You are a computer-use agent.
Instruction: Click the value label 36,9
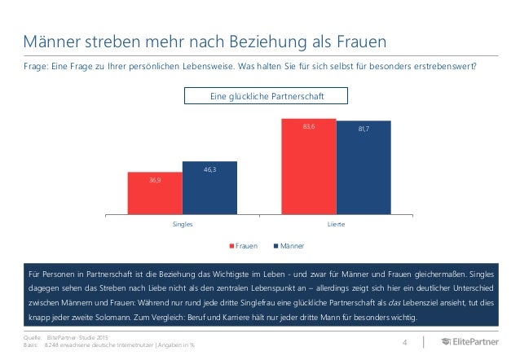click(x=154, y=179)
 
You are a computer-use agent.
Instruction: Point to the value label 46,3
click(x=209, y=169)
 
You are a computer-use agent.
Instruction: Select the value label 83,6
click(x=308, y=126)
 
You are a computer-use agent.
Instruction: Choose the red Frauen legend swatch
click(x=231, y=244)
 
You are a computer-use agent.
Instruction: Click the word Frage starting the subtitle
click(x=36, y=67)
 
